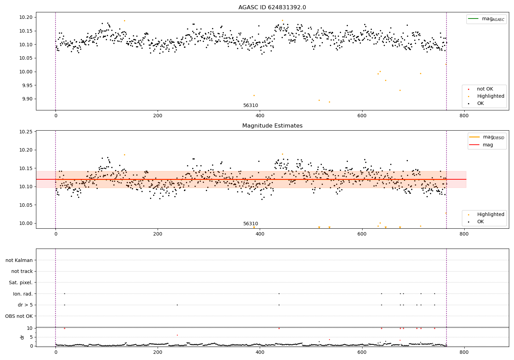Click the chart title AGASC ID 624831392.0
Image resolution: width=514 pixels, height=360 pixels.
pyautogui.click(x=272, y=8)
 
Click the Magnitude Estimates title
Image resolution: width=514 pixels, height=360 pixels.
pyautogui.click(x=272, y=126)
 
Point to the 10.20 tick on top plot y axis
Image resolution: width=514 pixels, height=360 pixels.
pyautogui.click(x=27, y=17)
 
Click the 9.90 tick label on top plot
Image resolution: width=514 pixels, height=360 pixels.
pyautogui.click(x=27, y=99)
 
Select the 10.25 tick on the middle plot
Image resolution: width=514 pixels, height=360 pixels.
pyautogui.click(x=27, y=132)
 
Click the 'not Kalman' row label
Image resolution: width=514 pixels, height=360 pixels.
pyautogui.click(x=19, y=260)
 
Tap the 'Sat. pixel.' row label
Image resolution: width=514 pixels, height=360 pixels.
pyautogui.click(x=21, y=283)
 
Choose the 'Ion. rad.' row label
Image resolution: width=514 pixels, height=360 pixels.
pyautogui.click(x=23, y=294)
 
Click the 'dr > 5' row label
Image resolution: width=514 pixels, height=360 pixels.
pyautogui.click(x=25, y=305)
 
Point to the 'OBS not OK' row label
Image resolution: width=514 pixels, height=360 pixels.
pyautogui.click(x=19, y=316)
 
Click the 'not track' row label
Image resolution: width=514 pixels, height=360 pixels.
pyautogui.click(x=22, y=272)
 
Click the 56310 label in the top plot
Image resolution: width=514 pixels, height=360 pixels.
pyautogui.click(x=250, y=106)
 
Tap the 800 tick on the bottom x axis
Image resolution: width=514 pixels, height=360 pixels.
pyautogui.click(x=464, y=352)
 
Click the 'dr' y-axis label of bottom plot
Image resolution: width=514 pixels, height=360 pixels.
pyautogui.click(x=22, y=337)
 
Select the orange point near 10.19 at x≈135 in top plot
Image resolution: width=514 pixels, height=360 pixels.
pyautogui.click(x=124, y=21)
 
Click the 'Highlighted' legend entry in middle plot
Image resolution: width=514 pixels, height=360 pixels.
pyautogui.click(x=490, y=214)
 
